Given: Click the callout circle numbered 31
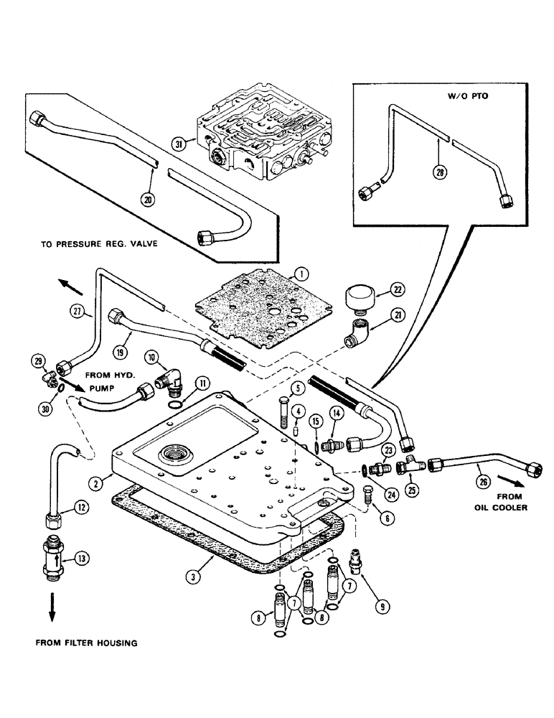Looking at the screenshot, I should [x=179, y=144].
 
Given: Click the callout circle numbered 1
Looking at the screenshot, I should [x=301, y=274].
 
